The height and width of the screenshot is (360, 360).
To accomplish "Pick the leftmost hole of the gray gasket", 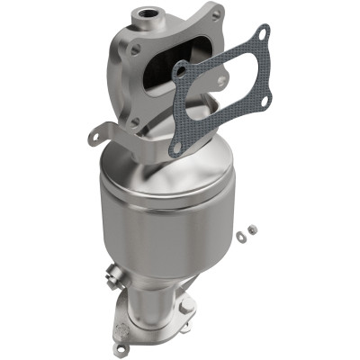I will [181, 68].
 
